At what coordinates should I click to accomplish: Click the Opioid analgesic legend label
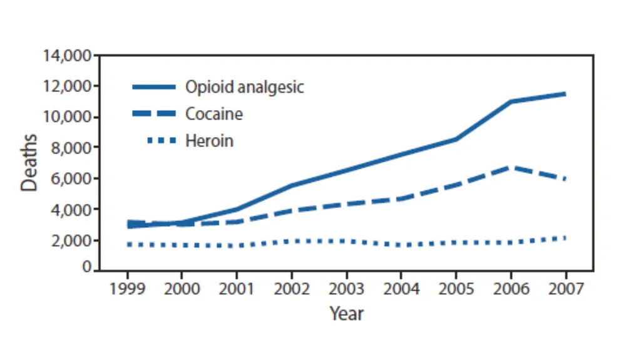point(245,87)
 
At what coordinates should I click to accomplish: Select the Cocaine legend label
point(214,114)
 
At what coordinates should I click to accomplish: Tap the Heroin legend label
point(209,141)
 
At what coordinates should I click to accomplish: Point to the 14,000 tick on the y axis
point(67,55)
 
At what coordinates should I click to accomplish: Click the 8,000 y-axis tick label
point(71,148)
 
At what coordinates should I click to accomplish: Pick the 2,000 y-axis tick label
point(71,240)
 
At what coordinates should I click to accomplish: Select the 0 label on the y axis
point(86,267)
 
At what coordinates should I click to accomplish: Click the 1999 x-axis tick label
point(127,289)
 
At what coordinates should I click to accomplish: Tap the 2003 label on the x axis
point(346,289)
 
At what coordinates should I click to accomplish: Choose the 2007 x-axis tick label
point(566,289)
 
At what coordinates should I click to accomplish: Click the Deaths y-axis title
point(29,162)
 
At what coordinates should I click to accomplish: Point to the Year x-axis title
point(346,314)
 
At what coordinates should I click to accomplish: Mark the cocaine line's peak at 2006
point(511,167)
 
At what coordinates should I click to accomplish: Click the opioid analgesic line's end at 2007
point(565,94)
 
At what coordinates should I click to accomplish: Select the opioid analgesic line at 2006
point(511,101)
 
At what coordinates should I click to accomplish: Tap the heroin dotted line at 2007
point(565,238)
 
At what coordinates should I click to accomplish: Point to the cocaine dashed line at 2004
point(401,199)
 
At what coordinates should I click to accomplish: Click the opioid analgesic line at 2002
point(292,185)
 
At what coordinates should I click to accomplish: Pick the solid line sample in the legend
point(154,87)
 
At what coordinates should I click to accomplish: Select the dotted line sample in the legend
point(162,141)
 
